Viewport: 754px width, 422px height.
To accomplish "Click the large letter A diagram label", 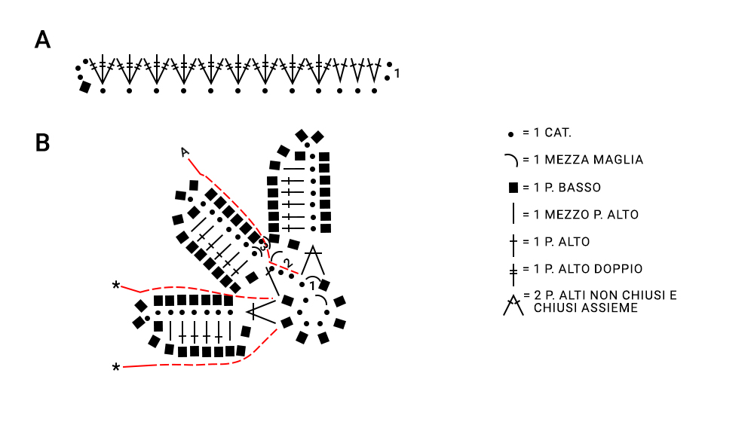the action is [x=42, y=39].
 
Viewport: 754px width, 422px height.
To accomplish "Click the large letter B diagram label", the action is [x=42, y=142].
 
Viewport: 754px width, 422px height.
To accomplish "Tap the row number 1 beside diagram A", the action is [x=397, y=74].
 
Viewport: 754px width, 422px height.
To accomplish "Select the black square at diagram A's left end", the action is [x=85, y=87].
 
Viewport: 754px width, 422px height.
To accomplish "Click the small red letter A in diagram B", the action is [x=184, y=152].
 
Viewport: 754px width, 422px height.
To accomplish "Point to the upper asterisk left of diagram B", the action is [x=116, y=286].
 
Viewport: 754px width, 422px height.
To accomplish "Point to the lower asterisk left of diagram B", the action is [x=116, y=368].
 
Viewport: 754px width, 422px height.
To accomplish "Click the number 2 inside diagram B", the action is [x=287, y=264].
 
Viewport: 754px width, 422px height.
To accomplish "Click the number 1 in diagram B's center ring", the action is [x=312, y=286].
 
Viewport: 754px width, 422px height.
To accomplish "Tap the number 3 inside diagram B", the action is [x=263, y=245].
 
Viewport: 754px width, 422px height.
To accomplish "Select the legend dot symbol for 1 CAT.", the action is [x=510, y=134].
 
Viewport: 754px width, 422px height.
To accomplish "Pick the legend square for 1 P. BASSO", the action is [x=513, y=188].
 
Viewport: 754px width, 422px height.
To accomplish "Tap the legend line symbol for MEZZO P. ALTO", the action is [x=513, y=214].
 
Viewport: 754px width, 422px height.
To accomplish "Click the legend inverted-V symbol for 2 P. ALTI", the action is [x=513, y=305].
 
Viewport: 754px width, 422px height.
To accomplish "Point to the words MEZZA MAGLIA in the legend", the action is [x=594, y=160].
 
